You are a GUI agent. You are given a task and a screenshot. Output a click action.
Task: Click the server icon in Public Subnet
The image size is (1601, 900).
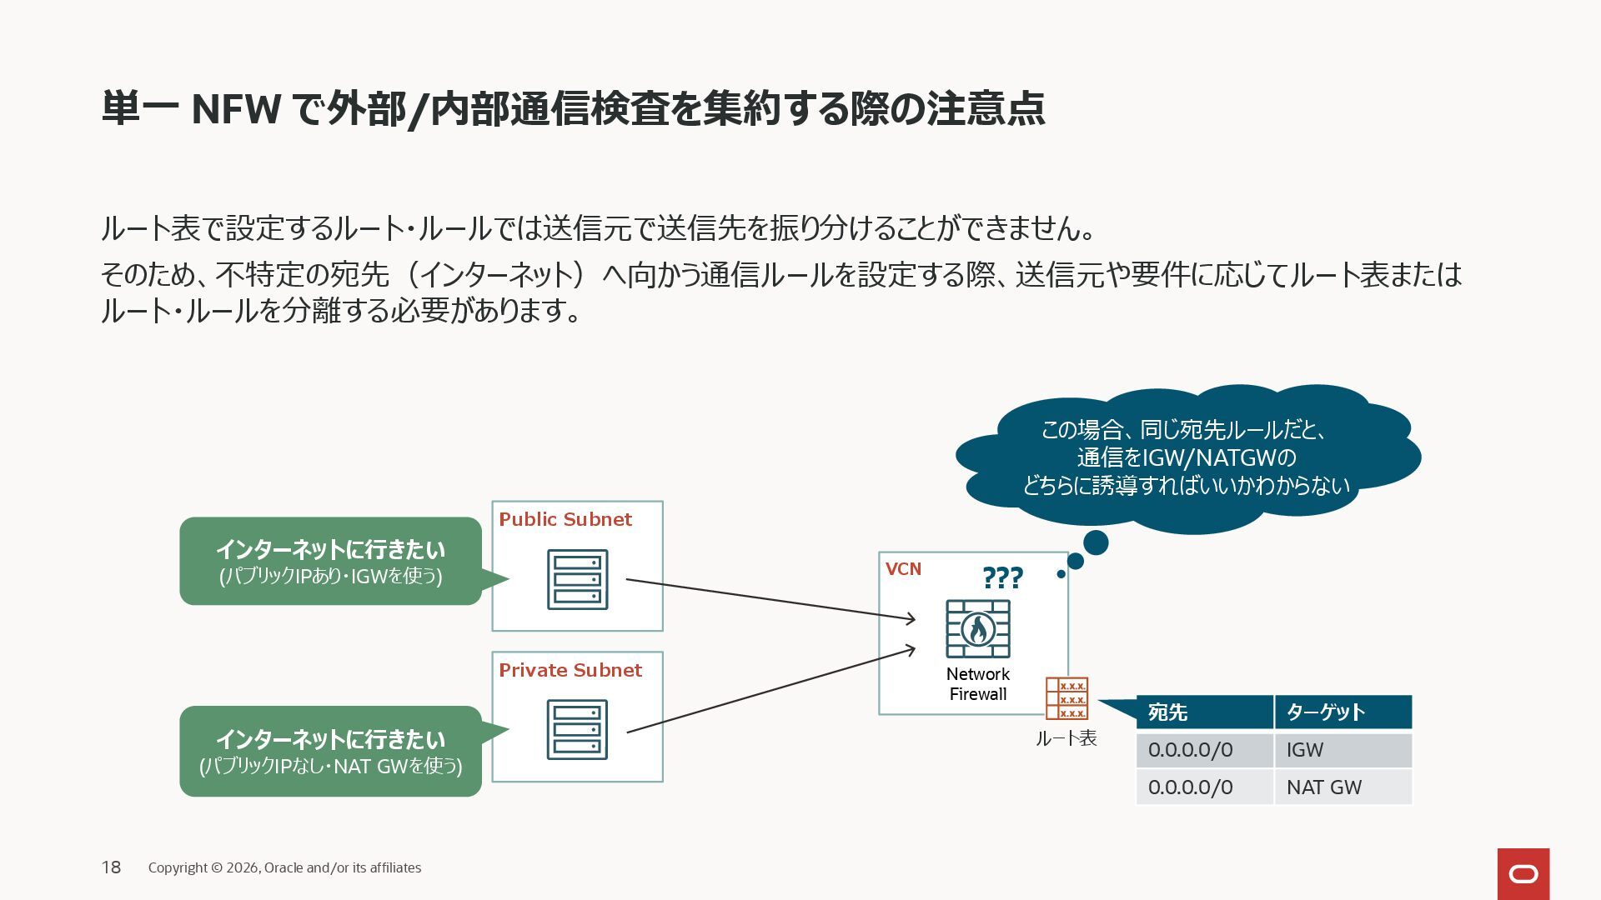coord(577,579)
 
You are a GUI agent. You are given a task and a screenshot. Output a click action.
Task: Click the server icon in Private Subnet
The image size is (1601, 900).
coord(577,729)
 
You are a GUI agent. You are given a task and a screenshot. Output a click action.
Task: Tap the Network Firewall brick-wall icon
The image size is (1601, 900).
coord(978,629)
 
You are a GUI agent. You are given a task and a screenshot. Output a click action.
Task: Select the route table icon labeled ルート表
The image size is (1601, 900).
coord(1066,698)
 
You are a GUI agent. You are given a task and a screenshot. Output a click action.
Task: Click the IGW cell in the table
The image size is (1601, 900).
coord(1343,750)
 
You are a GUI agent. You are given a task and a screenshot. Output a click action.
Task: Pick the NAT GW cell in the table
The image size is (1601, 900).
coord(1343,787)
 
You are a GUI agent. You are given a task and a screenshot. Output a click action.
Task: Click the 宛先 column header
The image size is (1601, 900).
coord(1204,712)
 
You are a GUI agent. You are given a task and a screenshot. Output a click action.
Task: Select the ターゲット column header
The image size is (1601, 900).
coord(1343,712)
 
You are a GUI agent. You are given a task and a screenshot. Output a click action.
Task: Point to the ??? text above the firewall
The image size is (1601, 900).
coord(1002,577)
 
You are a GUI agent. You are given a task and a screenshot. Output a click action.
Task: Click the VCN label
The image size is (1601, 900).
coord(903,569)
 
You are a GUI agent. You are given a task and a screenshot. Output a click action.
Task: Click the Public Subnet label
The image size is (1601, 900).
coord(565,519)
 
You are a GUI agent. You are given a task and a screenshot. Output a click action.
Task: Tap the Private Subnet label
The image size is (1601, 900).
coord(570,670)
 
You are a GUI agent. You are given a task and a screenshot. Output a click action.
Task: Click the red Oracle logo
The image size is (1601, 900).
coord(1523,873)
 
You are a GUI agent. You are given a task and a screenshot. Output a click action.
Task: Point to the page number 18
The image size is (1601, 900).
coord(111,867)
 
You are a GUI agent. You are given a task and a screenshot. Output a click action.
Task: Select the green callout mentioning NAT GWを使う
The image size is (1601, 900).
coord(330,751)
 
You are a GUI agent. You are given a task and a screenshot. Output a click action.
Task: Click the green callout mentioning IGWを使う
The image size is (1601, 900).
coord(330,561)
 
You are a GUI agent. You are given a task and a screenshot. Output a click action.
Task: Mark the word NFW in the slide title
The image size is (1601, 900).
coord(236,109)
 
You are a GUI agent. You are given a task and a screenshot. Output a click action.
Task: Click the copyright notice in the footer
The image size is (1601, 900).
coord(284,867)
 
